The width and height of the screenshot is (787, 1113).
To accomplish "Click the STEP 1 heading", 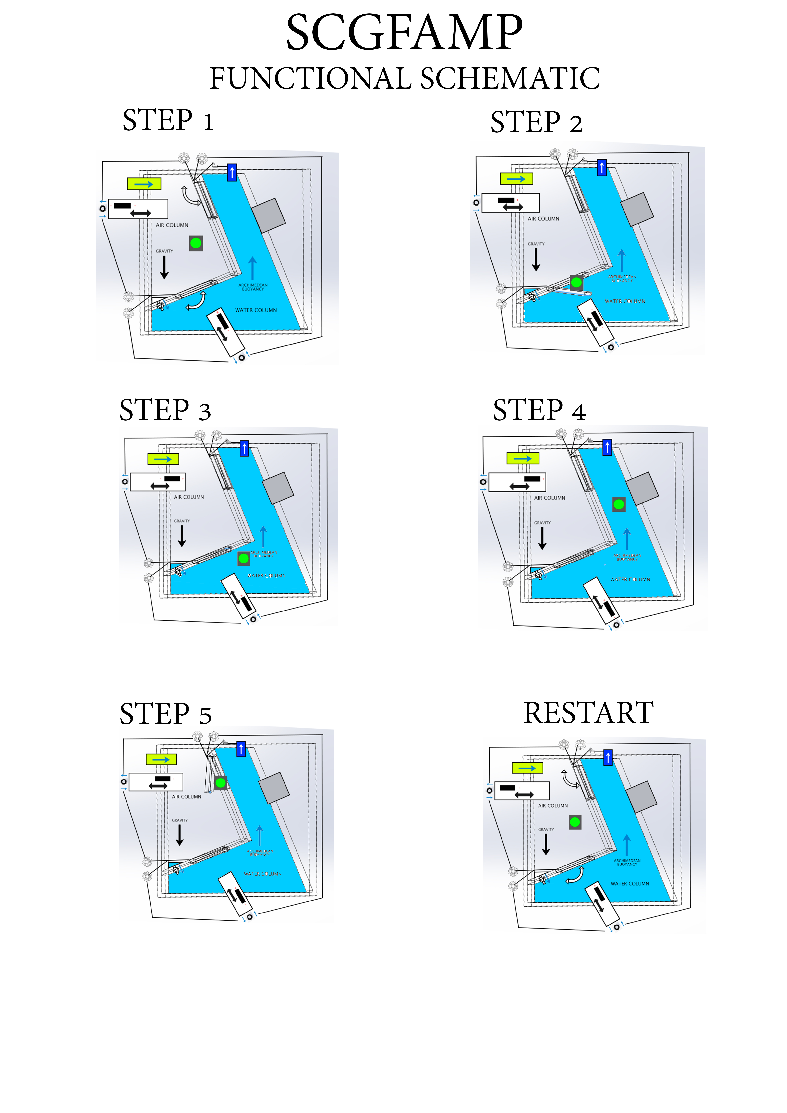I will [x=168, y=121].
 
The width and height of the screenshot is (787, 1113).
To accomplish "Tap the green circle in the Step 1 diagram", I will [x=196, y=243].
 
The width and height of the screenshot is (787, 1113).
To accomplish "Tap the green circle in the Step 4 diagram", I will [x=619, y=504].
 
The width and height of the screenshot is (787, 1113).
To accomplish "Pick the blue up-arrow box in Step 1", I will [x=232, y=172].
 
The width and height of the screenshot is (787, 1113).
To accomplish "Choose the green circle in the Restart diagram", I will [x=575, y=822].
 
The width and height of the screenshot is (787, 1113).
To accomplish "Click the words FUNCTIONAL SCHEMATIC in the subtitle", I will [x=404, y=79].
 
